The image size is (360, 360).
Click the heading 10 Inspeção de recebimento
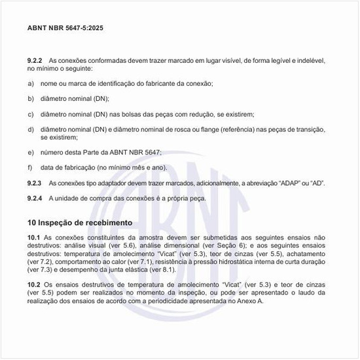pos(80,223)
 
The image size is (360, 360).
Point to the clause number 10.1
pos(33,236)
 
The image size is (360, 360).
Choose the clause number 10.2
pos(33,285)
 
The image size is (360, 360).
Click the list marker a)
pos(30,84)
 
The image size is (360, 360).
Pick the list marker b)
pos(30,99)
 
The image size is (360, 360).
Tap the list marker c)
pos(30,114)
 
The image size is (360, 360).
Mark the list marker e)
pos(30,152)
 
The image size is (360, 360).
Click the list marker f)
pos(30,168)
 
